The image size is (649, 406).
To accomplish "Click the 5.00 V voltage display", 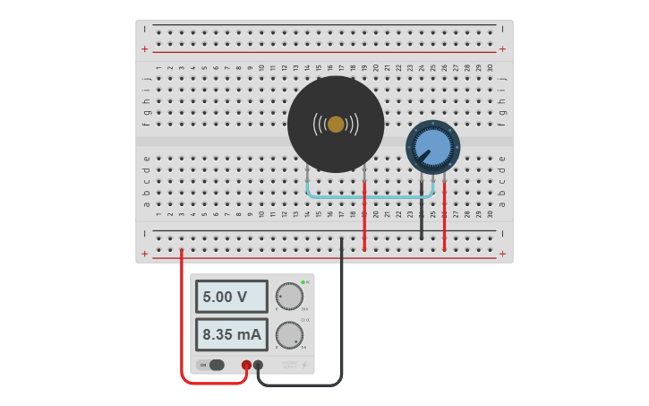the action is coord(231,297).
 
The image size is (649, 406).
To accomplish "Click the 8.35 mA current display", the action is coord(231,335).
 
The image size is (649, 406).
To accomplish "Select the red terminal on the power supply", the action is coord(247,365).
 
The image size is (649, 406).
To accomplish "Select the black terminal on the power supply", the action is coord(259,365).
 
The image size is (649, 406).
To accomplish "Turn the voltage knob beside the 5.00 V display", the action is coord(289,296).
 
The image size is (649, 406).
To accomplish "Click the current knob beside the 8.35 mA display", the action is coord(289,335).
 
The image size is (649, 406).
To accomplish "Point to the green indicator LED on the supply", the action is coord(303,282).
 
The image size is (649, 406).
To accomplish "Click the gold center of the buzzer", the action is coord(336,125).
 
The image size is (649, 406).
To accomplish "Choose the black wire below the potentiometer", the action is coord(422,215).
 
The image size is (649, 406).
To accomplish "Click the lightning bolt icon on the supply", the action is coord(304,365).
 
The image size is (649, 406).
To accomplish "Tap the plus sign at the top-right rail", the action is coord(502,48).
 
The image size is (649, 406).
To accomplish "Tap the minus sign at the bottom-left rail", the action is coord(145,233).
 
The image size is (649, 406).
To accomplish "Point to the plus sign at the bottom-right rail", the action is coord(502,254).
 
